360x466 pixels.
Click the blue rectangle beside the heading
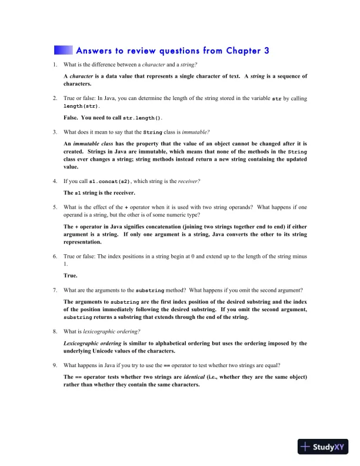[63, 50]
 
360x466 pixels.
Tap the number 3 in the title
[266, 50]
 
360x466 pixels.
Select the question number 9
[55, 365]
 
